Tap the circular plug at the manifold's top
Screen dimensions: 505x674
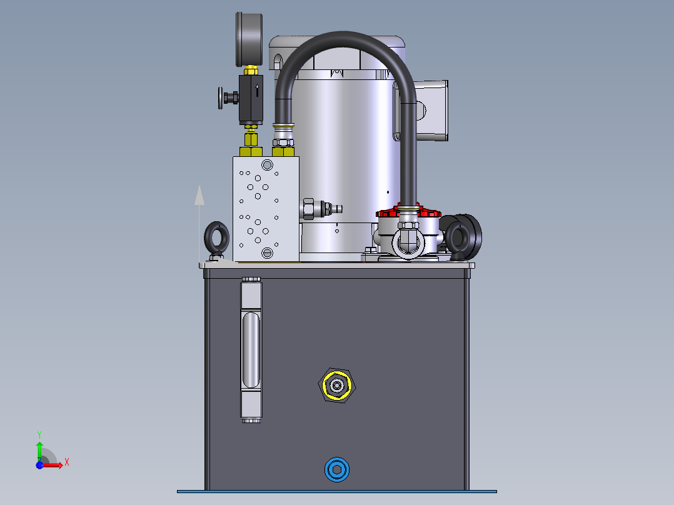pos(268,165)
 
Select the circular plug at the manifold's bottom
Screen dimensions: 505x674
pos(268,252)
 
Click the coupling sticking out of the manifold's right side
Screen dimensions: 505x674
pos(318,209)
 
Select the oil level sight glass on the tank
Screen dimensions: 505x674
pos(251,349)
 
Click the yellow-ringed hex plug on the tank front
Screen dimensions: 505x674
pos(338,386)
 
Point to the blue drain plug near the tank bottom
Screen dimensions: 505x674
pos(337,470)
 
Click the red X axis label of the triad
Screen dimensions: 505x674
pos(66,462)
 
